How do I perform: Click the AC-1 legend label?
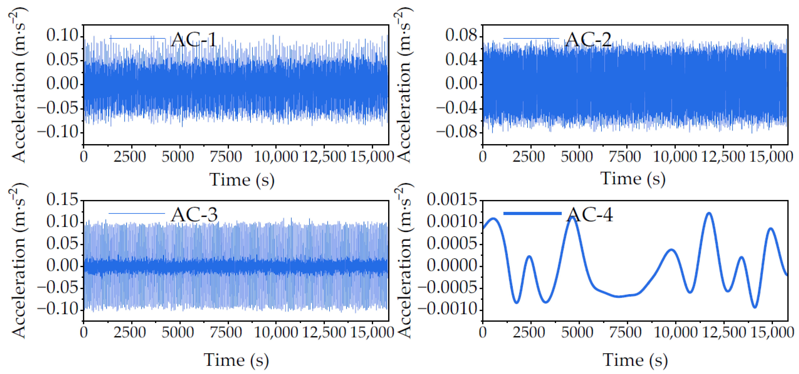coord(194,39)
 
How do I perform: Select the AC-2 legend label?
coord(588,39)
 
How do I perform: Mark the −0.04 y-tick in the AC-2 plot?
coord(457,108)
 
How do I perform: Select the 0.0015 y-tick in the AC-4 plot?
coord(452,199)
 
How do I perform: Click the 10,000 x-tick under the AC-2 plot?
coord(675,157)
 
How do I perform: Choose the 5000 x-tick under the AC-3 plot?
coord(178,332)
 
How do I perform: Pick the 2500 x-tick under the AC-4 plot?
coord(529,332)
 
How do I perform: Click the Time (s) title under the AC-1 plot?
coord(242,180)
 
